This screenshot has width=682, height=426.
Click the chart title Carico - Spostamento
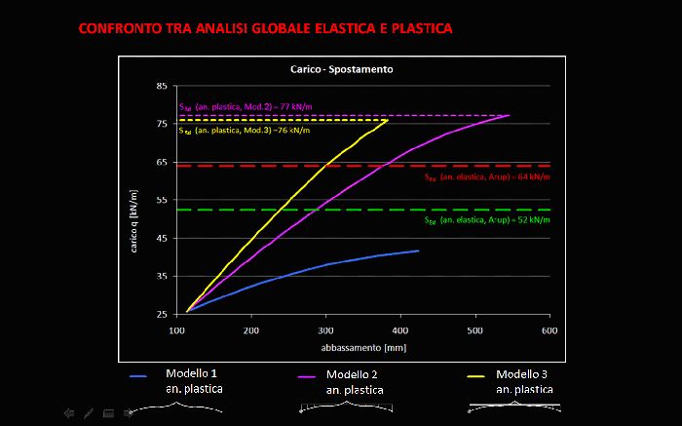tap(335, 70)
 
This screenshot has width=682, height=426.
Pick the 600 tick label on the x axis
tap(549, 330)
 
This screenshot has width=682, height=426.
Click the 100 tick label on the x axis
tap(176, 330)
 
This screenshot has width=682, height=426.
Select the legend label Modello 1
tap(192, 374)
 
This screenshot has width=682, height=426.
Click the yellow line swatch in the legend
tap(476, 375)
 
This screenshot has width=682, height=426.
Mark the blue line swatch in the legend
tap(138, 375)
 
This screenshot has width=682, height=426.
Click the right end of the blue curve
tap(419, 251)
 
